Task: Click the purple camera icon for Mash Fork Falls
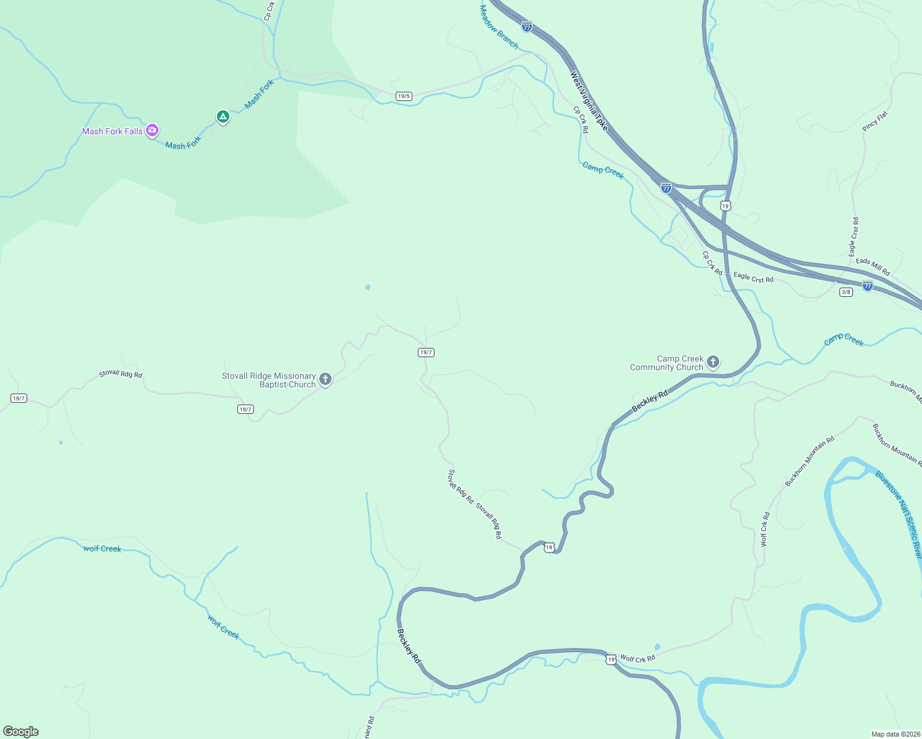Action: tap(152, 131)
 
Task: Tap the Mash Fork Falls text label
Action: tap(112, 131)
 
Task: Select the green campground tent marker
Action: tap(222, 116)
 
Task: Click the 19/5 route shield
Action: tap(404, 96)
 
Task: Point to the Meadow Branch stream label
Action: tap(499, 27)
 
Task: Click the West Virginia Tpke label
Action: tap(589, 101)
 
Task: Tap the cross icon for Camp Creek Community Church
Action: tap(713, 362)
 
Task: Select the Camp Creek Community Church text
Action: tap(666, 363)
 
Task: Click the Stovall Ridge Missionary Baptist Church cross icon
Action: tap(325, 379)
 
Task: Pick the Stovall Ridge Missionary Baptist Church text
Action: tap(269, 380)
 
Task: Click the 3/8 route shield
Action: tap(846, 292)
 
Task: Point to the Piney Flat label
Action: tap(875, 121)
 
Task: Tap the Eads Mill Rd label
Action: tap(873, 267)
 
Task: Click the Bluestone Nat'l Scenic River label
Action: tap(899, 515)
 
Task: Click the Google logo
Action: tap(21, 732)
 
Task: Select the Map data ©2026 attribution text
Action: tap(895, 734)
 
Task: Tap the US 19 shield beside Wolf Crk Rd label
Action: tap(610, 660)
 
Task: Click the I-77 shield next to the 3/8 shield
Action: tap(868, 286)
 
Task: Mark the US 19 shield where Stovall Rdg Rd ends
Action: tap(549, 547)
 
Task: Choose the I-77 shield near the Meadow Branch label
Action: tap(526, 26)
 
